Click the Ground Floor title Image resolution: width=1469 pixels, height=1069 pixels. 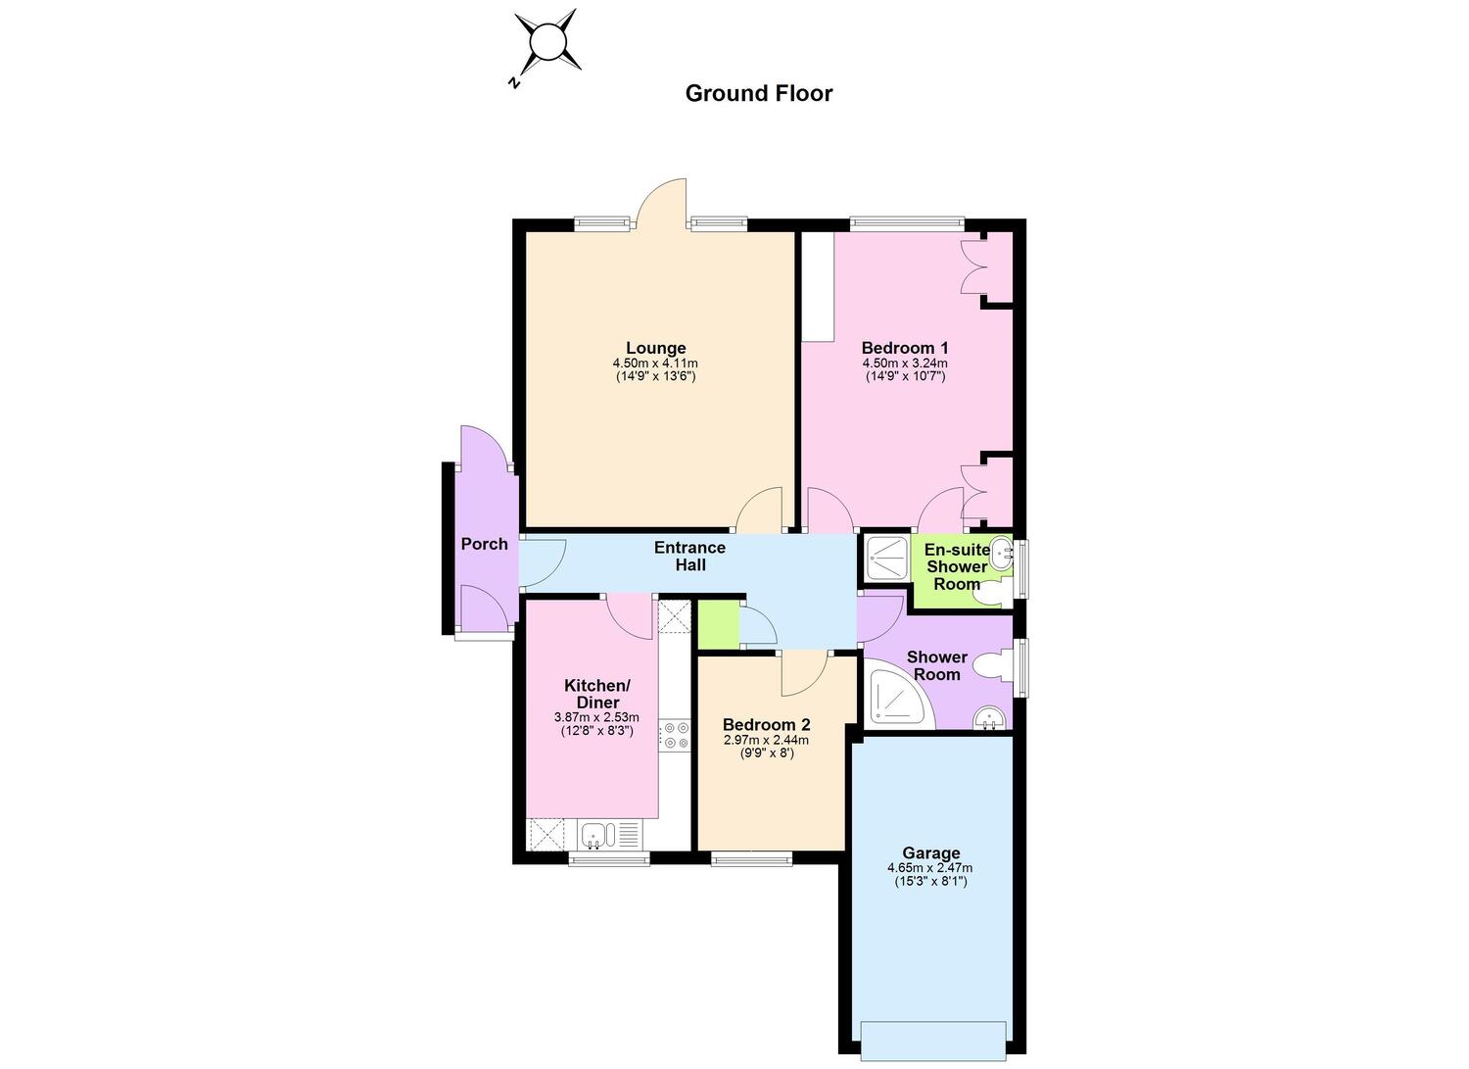[x=759, y=94]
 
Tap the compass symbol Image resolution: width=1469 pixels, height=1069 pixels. [x=546, y=42]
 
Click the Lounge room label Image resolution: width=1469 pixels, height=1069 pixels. [x=656, y=348]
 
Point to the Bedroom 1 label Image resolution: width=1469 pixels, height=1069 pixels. [x=905, y=348]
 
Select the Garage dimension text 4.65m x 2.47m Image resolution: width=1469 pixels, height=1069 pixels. [x=930, y=867]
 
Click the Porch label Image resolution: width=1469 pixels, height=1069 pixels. [x=484, y=544]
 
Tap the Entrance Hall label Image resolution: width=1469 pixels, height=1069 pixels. [x=689, y=557]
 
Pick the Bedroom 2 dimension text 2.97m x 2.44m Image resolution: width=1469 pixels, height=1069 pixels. [x=766, y=740]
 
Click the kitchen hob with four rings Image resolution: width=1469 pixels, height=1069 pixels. [x=675, y=735]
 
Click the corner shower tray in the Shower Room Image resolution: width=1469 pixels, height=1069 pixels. [x=898, y=697]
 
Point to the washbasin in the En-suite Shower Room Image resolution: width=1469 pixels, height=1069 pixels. [x=1002, y=555]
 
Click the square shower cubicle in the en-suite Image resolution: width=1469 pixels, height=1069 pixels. [x=886, y=559]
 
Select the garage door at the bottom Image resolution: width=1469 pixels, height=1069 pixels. [x=934, y=1042]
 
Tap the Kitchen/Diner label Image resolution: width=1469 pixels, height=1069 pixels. [x=596, y=694]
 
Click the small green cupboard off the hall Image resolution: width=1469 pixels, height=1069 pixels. [x=719, y=624]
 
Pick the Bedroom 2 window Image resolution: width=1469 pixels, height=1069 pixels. [x=751, y=857]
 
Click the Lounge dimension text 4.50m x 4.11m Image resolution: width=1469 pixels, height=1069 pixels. [x=655, y=363]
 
